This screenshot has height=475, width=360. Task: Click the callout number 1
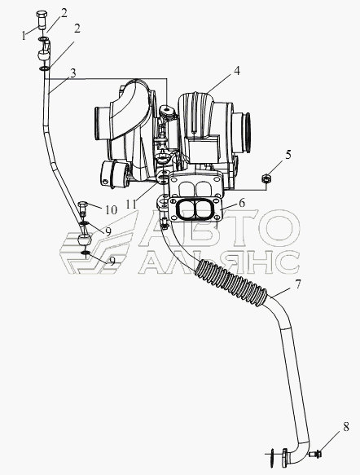24,36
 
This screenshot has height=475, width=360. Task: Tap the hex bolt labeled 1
42,19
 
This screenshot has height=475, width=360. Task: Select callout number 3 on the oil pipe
72,73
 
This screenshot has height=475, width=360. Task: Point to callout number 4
237,71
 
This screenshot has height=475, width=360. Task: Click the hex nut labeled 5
266,178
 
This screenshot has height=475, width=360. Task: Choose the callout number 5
288,155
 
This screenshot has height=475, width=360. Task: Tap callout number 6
242,203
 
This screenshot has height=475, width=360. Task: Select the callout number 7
297,284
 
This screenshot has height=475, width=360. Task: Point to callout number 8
346,427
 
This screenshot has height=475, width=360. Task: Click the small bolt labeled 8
315,454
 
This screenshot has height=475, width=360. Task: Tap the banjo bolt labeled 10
82,209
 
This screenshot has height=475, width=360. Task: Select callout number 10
111,209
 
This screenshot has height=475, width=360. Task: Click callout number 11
131,205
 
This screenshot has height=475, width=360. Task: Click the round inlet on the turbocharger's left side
100,123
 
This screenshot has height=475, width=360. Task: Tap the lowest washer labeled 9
86,253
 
